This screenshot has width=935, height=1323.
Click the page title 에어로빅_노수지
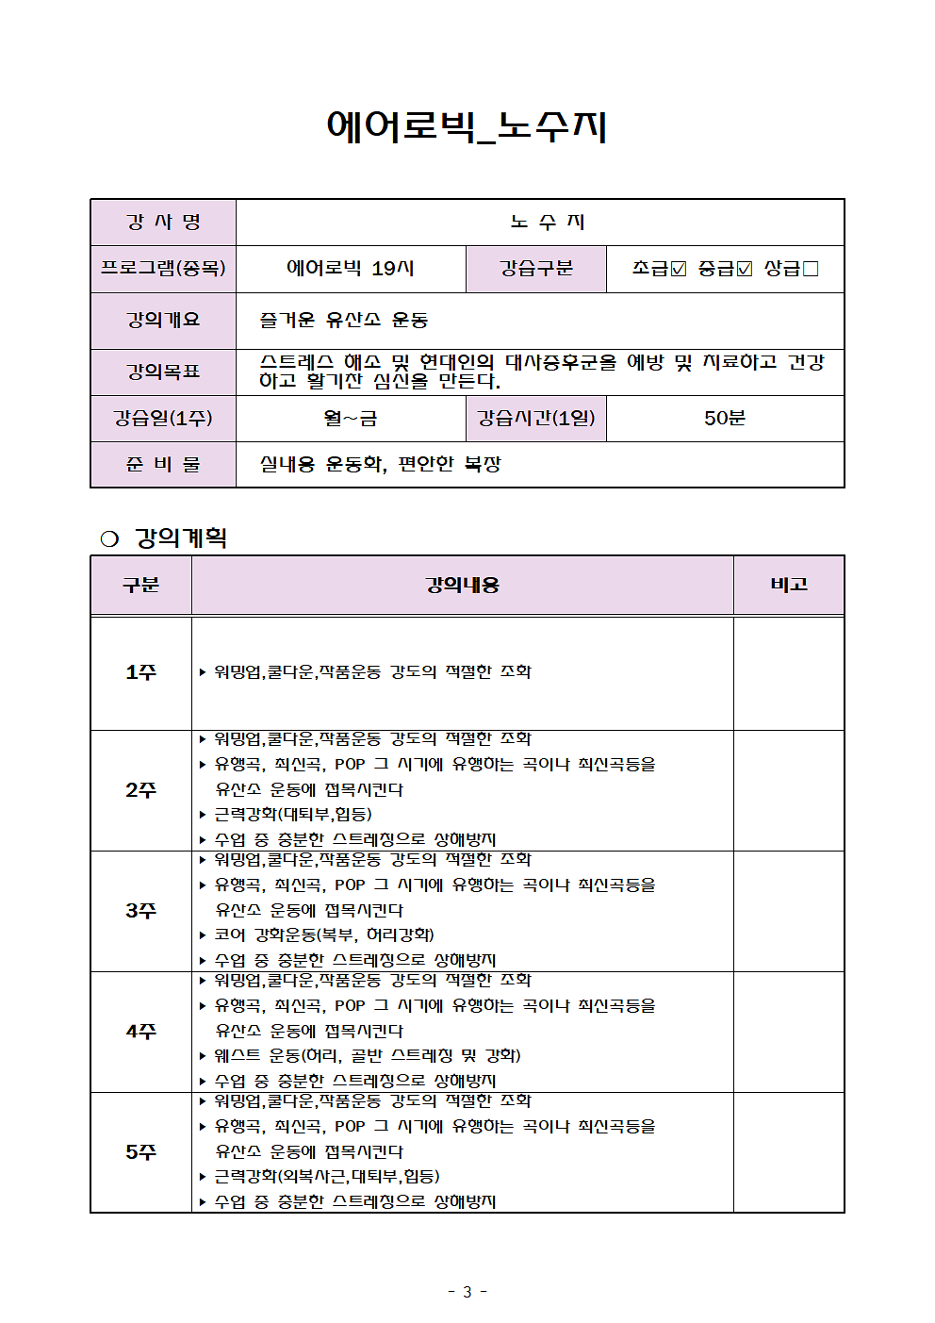tap(467, 126)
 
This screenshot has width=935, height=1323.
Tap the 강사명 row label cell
tap(163, 223)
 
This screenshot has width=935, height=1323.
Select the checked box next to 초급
tap(679, 269)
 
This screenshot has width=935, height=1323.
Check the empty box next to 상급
tap(811, 269)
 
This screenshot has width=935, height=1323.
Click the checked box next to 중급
tap(745, 269)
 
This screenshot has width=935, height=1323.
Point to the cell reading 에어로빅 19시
tap(351, 269)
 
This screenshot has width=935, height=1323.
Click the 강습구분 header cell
tap(535, 269)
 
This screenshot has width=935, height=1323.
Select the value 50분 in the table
tap(724, 418)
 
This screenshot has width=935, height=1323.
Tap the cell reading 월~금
tap(351, 418)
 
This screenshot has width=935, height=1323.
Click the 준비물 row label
tap(163, 464)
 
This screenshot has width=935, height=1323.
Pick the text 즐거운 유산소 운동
tap(344, 321)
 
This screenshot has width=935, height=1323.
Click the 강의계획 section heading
tap(180, 537)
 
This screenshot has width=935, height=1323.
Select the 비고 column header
tap(789, 585)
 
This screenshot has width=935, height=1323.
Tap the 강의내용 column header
tap(462, 585)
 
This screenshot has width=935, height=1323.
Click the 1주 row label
tap(141, 672)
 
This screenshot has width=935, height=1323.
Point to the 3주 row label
tap(141, 911)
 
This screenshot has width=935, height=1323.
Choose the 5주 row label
tap(141, 1152)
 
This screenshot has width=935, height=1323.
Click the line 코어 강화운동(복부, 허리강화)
tap(324, 934)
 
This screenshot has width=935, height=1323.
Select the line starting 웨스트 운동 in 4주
tap(368, 1055)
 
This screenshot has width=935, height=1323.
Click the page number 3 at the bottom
tap(467, 1292)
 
